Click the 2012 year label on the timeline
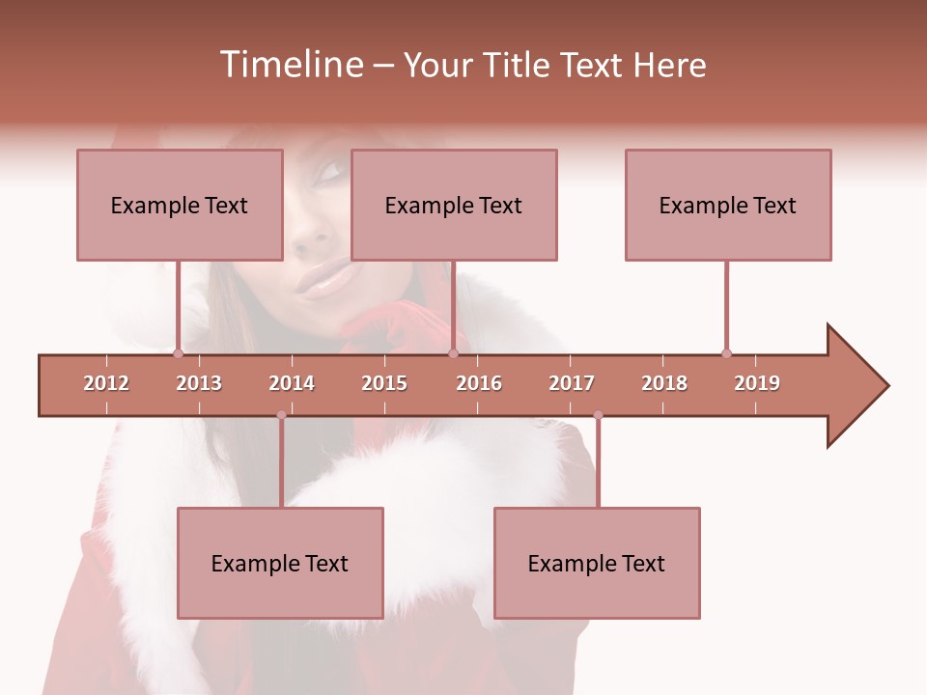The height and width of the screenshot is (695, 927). (106, 383)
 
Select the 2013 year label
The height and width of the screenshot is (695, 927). (199, 383)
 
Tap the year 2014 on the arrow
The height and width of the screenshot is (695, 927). (292, 383)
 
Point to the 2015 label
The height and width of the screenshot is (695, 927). (384, 383)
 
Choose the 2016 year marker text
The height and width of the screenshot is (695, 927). (479, 383)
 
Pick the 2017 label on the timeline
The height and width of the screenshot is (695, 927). (572, 383)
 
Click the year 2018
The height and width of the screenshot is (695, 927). (664, 383)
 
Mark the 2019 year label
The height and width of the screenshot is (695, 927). (757, 383)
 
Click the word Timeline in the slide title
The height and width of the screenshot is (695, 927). (291, 65)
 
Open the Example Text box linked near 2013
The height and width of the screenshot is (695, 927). (180, 205)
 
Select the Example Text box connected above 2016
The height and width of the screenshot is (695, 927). (454, 205)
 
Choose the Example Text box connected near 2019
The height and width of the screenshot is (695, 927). (728, 205)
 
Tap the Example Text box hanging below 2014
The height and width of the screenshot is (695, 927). (280, 563)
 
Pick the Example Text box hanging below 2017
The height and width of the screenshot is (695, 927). (597, 563)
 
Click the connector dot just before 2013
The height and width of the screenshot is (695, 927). (179, 353)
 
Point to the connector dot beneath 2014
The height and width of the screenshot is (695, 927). (281, 415)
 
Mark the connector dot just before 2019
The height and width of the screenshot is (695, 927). (726, 353)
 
